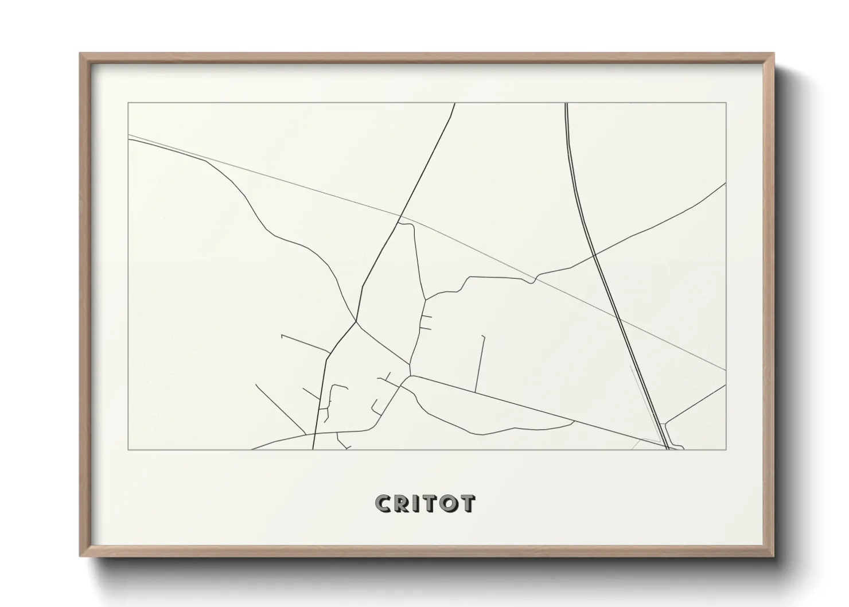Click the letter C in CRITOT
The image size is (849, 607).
point(383,503)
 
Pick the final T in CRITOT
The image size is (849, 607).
point(468,503)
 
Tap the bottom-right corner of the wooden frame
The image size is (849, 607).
point(774,556)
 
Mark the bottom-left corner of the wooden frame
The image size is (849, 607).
point(80,556)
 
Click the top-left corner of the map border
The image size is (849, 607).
point(128,103)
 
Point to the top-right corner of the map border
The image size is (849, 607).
point(726,103)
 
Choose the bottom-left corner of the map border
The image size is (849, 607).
point(128,449)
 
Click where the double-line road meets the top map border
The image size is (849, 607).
point(566,103)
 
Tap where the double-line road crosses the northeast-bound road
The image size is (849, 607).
point(595,253)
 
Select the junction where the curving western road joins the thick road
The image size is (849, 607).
point(356,321)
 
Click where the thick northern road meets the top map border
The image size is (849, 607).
point(455,103)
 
